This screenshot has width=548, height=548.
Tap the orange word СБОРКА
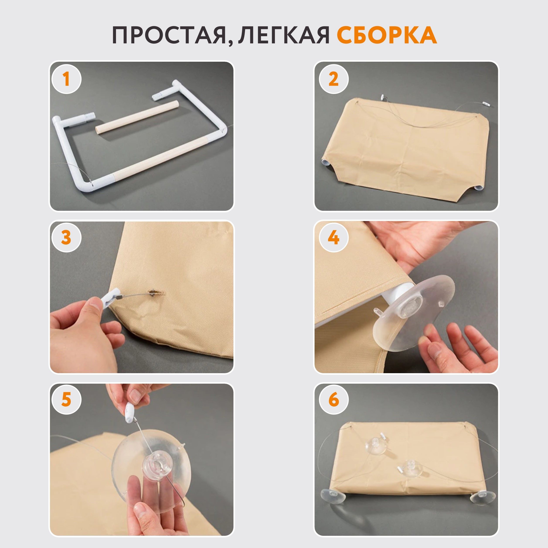click(387, 35)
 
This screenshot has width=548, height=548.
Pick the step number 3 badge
click(66, 237)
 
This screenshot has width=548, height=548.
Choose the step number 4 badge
click(334, 237)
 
